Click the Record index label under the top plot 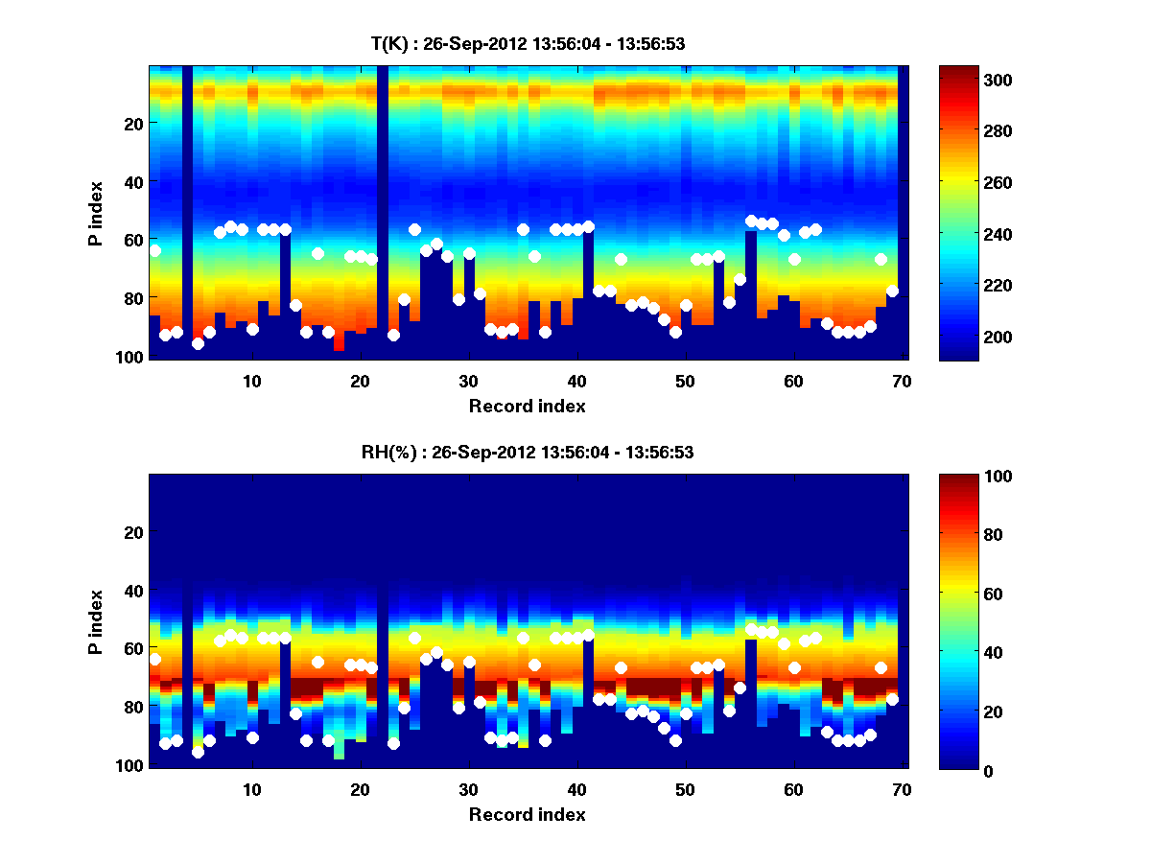click(x=527, y=407)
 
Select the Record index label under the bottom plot click(x=527, y=815)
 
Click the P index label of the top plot click(x=95, y=214)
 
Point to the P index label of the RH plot click(x=95, y=622)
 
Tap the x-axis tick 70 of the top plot click(x=902, y=381)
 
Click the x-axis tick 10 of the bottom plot click(x=251, y=789)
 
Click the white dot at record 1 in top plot click(x=154, y=251)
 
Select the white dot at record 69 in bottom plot click(x=892, y=700)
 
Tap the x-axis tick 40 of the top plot click(x=576, y=381)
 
